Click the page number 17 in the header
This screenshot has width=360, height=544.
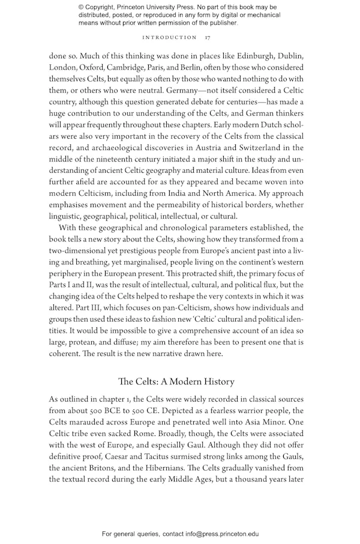pyautogui.click(x=206, y=37)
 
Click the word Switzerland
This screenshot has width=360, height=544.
pyautogui.click(x=268, y=148)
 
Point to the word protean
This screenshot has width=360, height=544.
pyautogui.click(x=79, y=342)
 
